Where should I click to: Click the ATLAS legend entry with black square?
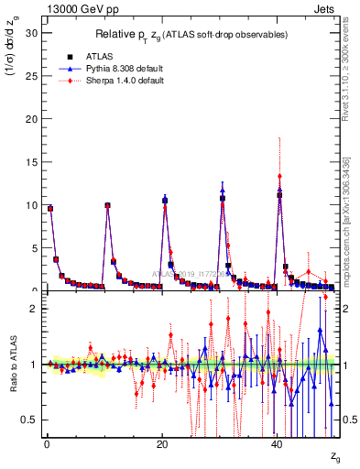tap(92, 57)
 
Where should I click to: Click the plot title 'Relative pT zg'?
tap(190, 34)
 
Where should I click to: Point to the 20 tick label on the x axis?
tap(161, 443)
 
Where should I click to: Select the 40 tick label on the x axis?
tap(278, 443)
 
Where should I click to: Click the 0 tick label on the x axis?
tap(46, 443)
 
